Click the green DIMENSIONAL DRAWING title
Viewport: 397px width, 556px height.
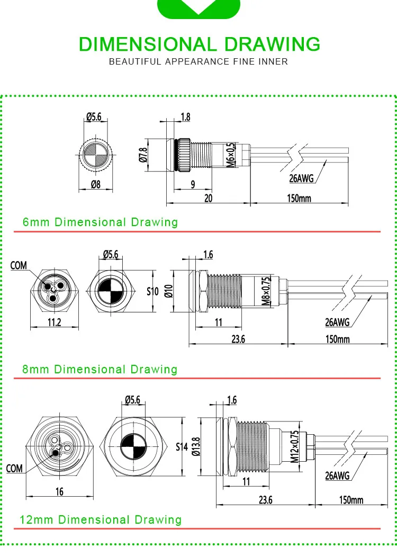(199, 44)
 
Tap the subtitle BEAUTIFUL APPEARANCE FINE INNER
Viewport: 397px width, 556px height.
(198, 62)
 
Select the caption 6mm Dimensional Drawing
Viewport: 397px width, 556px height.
(101, 222)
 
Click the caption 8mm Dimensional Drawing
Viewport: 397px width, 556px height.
(100, 369)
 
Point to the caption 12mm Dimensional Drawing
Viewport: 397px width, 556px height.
(101, 520)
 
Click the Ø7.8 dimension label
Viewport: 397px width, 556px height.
(143, 155)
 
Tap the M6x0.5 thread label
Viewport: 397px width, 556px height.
(230, 155)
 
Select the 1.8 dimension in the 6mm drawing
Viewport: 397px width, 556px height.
(185, 116)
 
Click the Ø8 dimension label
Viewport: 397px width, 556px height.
(96, 184)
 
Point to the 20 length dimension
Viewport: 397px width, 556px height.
(209, 198)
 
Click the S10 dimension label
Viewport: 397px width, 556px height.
(153, 291)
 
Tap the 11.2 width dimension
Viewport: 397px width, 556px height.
(54, 322)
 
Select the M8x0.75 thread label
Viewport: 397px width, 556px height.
(266, 291)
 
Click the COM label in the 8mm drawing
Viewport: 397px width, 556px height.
(19, 265)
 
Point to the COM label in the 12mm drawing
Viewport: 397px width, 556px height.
(14, 469)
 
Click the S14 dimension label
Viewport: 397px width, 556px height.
(182, 447)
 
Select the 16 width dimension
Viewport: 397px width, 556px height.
(59, 491)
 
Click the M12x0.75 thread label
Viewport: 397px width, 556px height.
(295, 446)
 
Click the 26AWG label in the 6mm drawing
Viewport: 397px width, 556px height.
(302, 178)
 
